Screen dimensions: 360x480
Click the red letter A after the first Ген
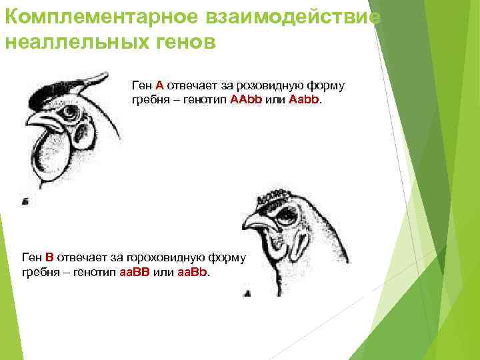point(160,85)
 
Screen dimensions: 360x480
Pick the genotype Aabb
point(305,99)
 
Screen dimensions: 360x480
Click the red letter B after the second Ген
point(49,257)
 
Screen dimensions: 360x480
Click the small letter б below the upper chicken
point(25,200)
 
